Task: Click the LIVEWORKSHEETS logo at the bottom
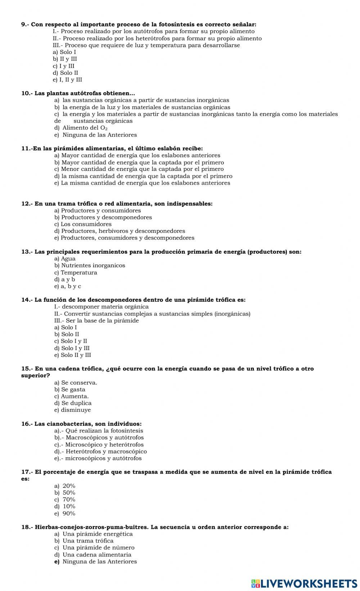(x=304, y=583)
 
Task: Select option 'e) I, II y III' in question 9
(x=68, y=80)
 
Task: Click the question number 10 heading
(x=27, y=94)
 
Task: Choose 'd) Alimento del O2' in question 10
(x=81, y=128)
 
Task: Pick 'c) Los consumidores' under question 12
(x=83, y=224)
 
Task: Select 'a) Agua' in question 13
(x=65, y=259)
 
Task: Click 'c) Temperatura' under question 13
(x=76, y=273)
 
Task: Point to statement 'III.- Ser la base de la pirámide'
(x=96, y=321)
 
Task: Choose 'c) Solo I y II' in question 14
(x=71, y=341)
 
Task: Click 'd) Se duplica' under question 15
(x=73, y=403)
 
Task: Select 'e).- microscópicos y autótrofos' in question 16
(x=98, y=458)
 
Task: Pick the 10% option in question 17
(x=66, y=506)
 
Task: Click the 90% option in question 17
(x=66, y=514)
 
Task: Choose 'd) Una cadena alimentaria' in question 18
(x=93, y=555)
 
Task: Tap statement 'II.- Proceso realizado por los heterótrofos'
(x=157, y=38)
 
